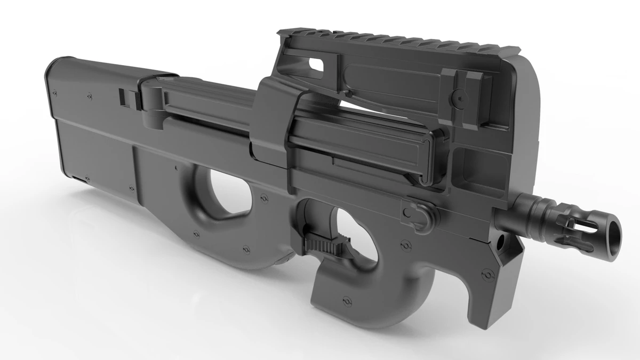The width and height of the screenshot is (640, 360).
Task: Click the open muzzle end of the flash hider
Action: click(x=614, y=230)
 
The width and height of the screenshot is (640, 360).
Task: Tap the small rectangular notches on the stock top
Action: click(x=123, y=96)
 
